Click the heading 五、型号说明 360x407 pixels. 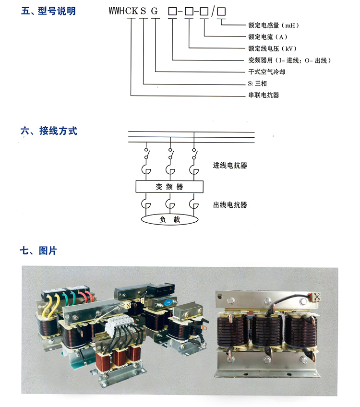click(48, 11)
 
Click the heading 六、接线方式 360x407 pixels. click(48, 131)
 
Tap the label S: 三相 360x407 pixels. click(257, 84)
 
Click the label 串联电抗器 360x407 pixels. click(262, 95)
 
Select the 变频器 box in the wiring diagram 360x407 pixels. click(169, 187)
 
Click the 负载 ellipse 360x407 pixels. click(169, 220)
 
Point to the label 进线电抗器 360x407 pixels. click(230, 166)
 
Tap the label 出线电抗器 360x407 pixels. click(230, 205)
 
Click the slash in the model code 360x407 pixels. click(212, 11)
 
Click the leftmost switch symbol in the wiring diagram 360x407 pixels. click(146, 156)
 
